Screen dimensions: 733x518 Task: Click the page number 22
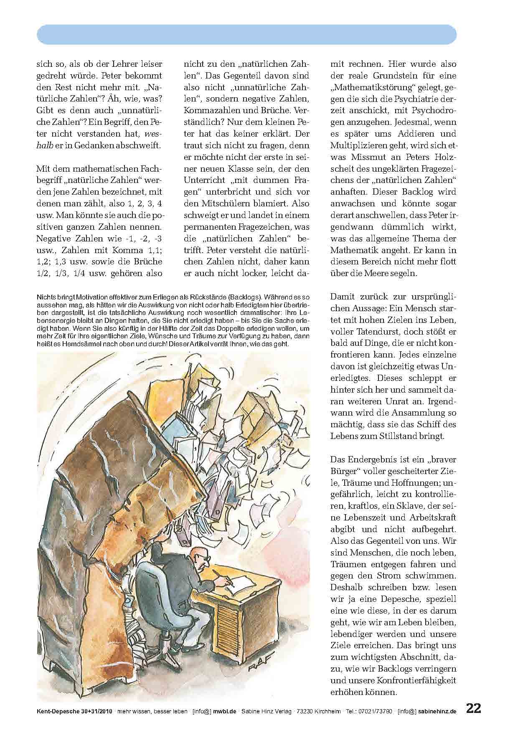(x=473, y=708)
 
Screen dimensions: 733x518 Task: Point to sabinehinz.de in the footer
(x=437, y=711)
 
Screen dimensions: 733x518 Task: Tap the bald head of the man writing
(x=196, y=554)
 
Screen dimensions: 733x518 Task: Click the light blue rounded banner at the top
(x=246, y=35)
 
